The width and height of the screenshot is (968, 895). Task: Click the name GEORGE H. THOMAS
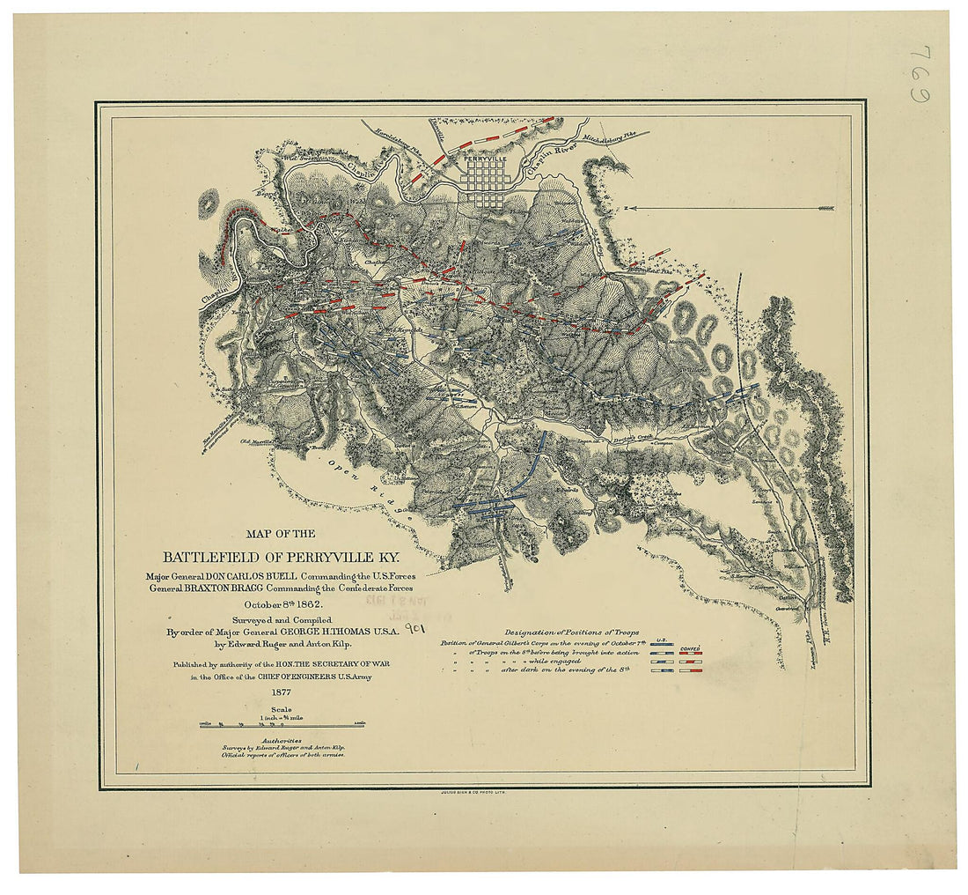coord(334,632)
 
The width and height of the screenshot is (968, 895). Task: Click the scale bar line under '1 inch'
coord(282,726)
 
